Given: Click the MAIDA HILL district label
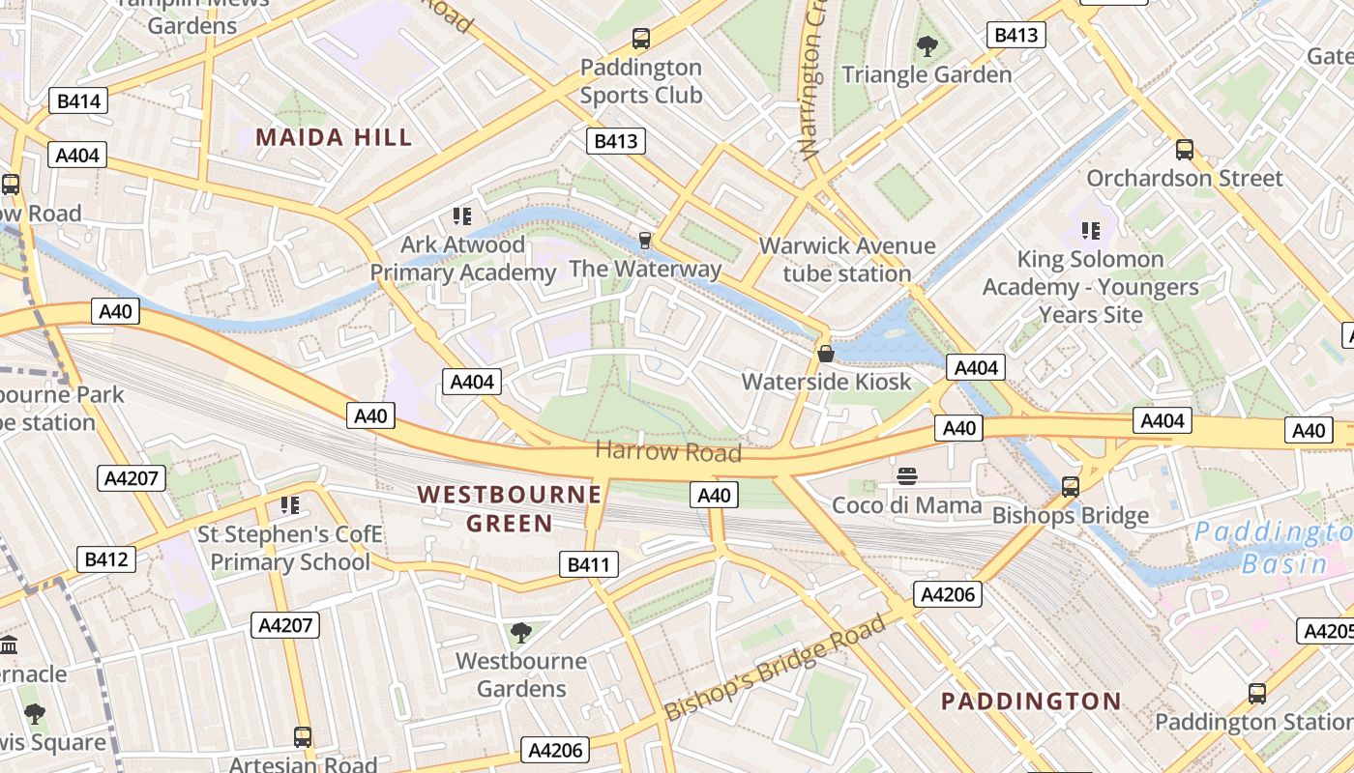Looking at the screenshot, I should (334, 137).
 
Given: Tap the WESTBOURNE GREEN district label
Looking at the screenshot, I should (510, 509).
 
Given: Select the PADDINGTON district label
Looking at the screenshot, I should (1031, 701).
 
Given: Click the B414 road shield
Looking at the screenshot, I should (78, 100).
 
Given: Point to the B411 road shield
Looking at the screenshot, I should (588, 565).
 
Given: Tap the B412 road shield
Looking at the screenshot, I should (105, 559).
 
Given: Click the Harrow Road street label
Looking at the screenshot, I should (668, 451).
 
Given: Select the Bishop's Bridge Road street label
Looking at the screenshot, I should (775, 668).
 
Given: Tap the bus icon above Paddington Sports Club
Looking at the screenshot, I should (640, 39).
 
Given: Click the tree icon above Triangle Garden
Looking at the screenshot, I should (927, 44).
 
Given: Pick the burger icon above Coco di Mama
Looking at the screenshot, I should (906, 475).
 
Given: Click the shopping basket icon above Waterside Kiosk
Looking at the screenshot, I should (826, 354).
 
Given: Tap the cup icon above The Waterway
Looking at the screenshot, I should (645, 240).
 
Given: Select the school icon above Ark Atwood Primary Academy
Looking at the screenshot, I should (462, 215).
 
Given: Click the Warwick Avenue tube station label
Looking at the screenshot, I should (846, 259).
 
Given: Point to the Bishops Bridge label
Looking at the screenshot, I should (1071, 515).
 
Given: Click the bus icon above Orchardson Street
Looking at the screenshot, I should (1184, 150).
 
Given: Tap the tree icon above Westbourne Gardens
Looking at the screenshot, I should (521, 633).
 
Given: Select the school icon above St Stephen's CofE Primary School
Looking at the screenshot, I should (289, 505).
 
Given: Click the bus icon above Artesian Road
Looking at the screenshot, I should (303, 737).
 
